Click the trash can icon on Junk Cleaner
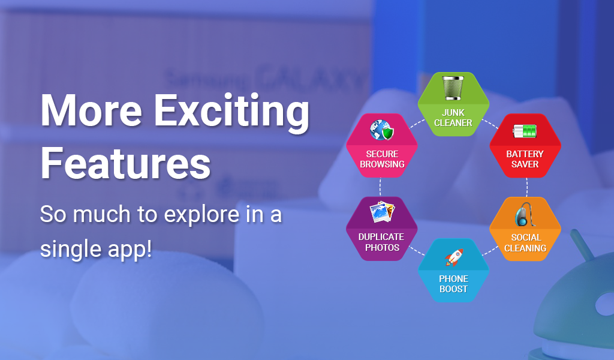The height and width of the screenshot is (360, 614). (x=453, y=88)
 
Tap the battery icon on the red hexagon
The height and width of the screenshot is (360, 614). (x=525, y=131)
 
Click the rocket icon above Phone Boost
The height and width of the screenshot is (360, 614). (x=454, y=257)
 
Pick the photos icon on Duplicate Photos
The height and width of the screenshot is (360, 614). (x=382, y=212)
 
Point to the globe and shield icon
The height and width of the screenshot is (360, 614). (x=382, y=130)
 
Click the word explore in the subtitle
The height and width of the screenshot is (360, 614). (x=201, y=215)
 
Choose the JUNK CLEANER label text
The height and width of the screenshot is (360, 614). (x=453, y=118)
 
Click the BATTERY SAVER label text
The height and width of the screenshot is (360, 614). (x=525, y=159)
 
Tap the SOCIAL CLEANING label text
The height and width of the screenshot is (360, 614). (x=525, y=243)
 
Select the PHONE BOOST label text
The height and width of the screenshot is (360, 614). (x=453, y=284)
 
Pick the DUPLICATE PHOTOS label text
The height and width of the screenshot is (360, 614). (x=381, y=242)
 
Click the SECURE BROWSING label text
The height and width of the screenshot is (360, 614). (x=382, y=159)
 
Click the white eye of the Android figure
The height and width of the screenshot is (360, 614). (x=605, y=304)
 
